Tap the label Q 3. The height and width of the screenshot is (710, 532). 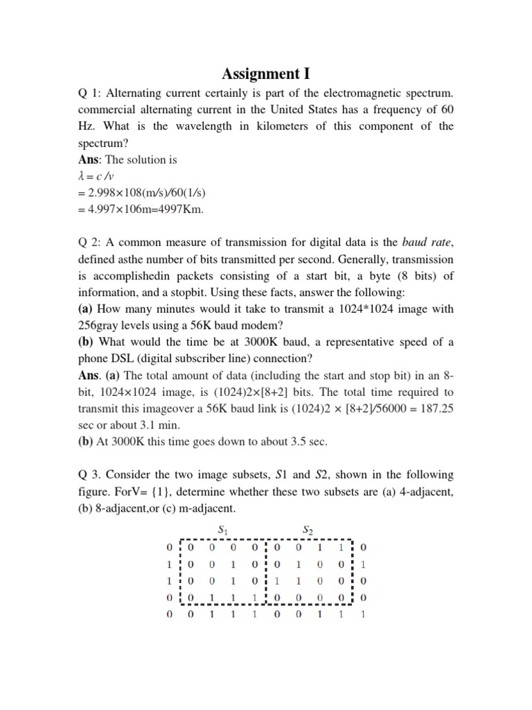(x=91, y=476)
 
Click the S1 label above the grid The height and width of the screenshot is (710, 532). (x=222, y=530)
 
